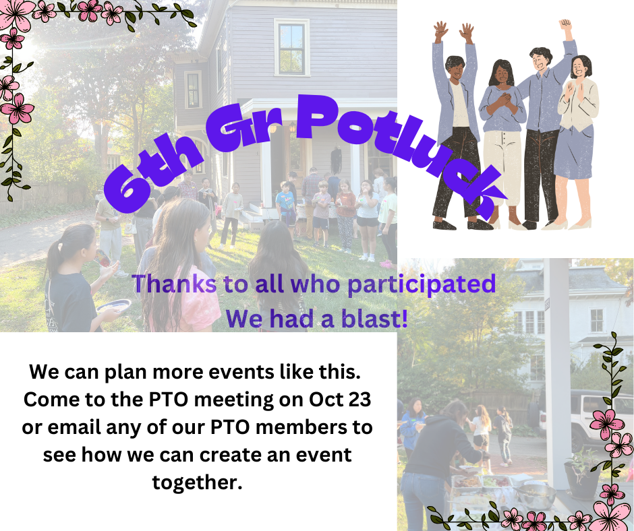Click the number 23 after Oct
pos(358,399)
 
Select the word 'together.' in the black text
pos(198,482)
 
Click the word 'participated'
pos(422,284)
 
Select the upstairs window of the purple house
pos(291,48)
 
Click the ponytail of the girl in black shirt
pos(53,259)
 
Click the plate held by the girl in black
pos(113,306)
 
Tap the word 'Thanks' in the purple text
pos(174,283)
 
